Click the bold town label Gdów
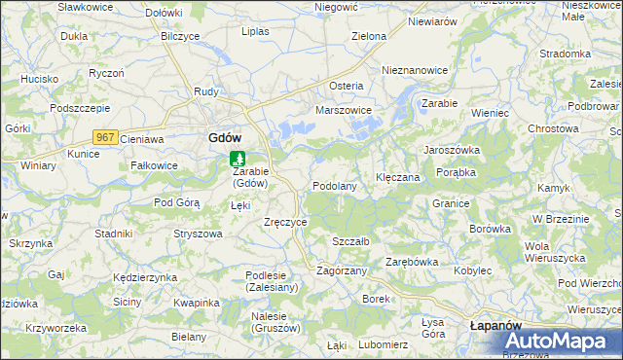point(225,138)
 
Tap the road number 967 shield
point(106,138)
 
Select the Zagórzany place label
point(342,270)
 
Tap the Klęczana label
point(397,178)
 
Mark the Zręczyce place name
point(285,222)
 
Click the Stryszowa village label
point(198,234)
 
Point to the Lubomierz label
point(383,344)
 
